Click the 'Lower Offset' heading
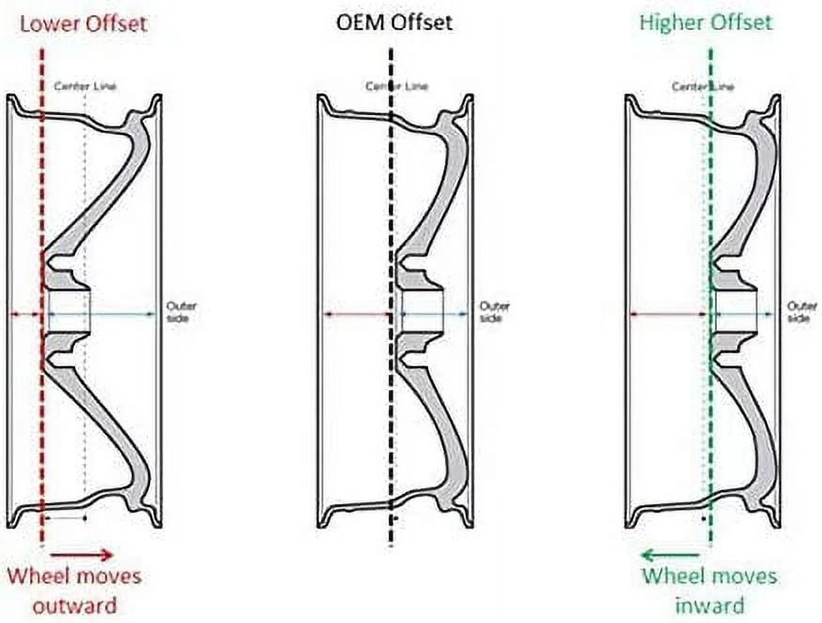point(84,23)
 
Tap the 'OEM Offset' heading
point(394,23)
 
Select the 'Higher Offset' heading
point(705,23)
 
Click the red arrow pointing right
point(81,555)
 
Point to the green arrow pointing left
point(670,555)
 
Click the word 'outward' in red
point(75,605)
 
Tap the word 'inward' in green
point(709,605)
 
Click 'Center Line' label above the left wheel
point(85,86)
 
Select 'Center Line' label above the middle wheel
point(396,86)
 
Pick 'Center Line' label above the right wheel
point(702,86)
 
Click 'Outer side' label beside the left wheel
point(181,312)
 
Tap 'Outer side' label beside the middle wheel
point(494,312)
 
